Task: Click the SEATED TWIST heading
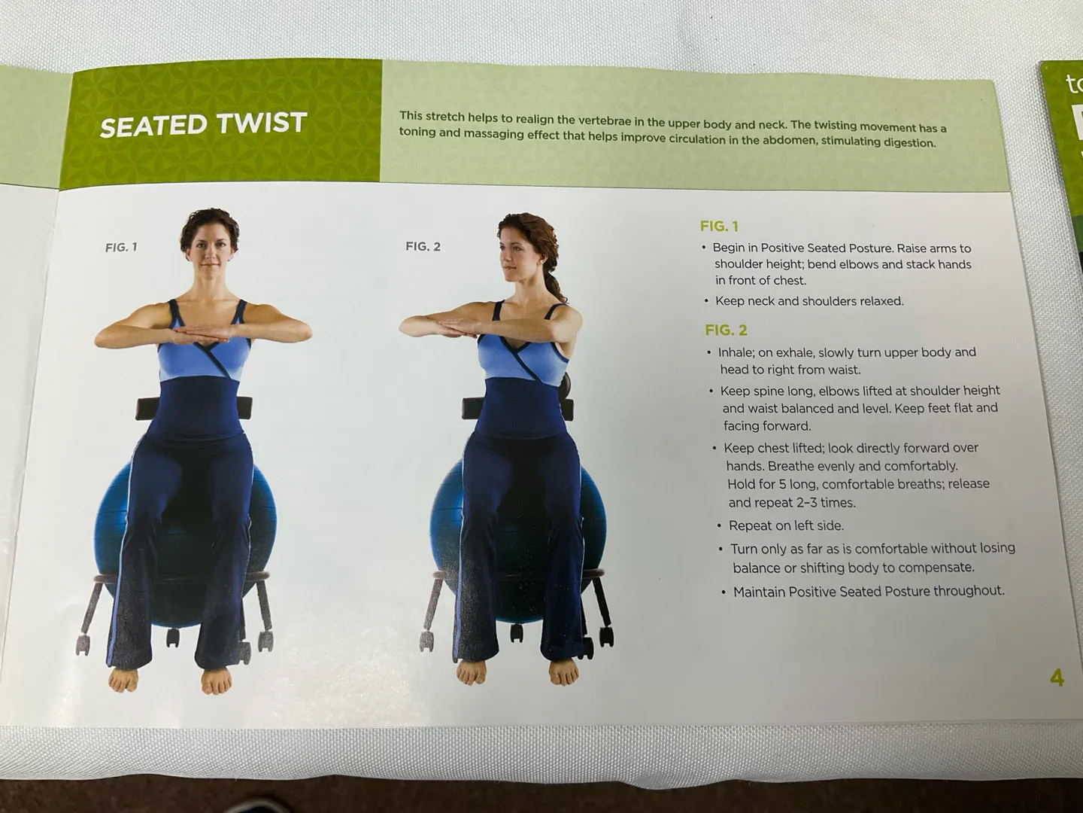pos(203,125)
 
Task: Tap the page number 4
pos(1057,677)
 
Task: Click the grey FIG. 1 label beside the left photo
pos(121,248)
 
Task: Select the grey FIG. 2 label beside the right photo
pos(423,246)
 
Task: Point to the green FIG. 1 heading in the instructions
pos(720,227)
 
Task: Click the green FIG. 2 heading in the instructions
pos(726,330)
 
